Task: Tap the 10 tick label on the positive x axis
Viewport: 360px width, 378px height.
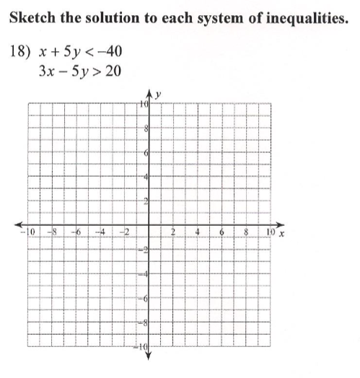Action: click(x=270, y=232)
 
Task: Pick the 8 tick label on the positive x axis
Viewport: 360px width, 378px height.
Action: click(x=246, y=232)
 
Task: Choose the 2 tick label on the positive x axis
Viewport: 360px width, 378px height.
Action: click(x=173, y=232)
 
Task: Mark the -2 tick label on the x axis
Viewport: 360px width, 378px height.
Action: click(x=123, y=232)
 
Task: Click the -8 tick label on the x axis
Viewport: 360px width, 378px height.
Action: click(x=51, y=232)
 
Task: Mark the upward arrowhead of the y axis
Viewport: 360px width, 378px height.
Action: click(x=149, y=93)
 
